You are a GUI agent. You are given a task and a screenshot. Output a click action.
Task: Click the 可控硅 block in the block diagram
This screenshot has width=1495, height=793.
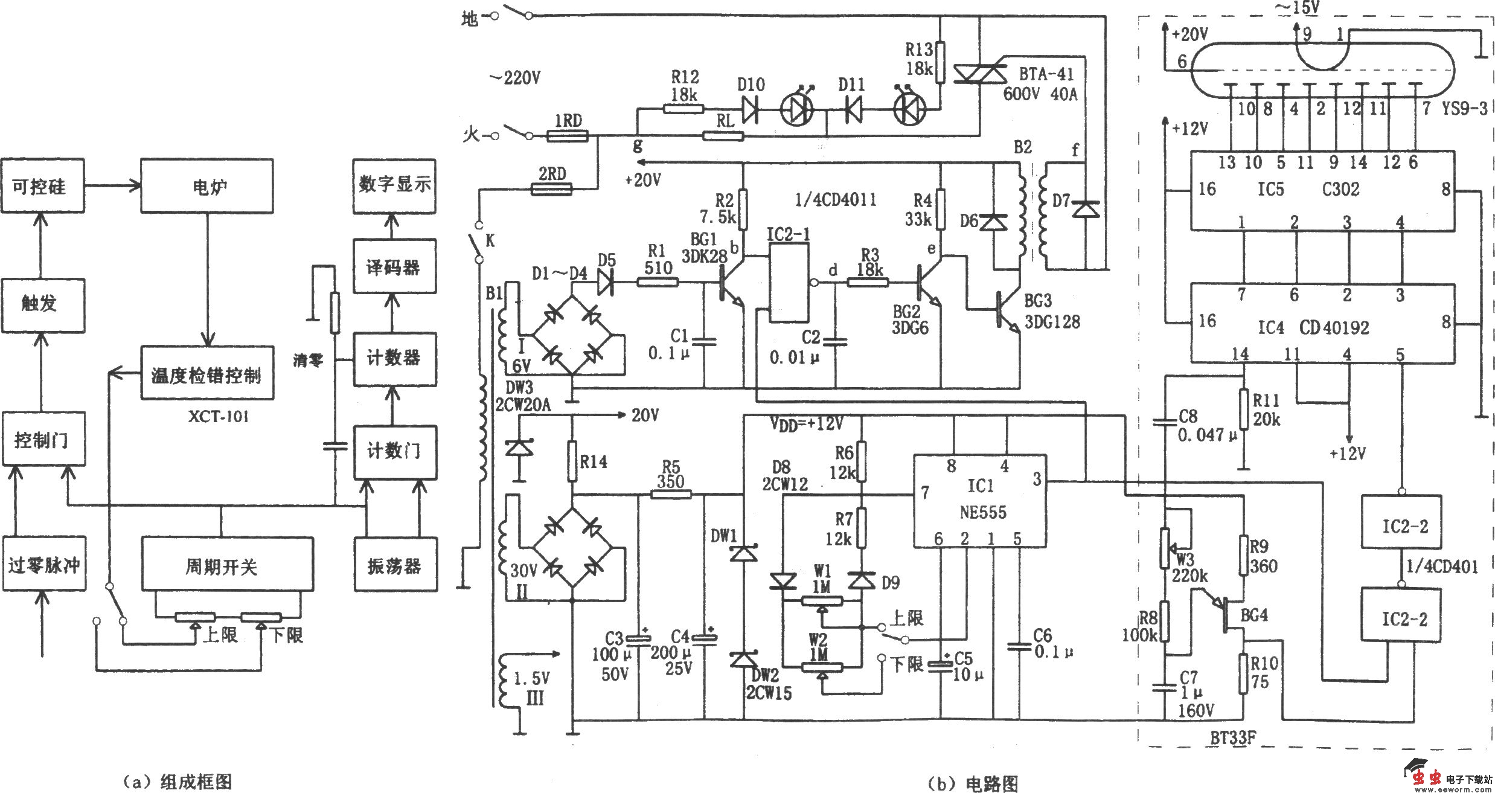pos(42,185)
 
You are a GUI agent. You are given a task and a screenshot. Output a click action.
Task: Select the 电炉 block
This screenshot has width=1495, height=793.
pos(206,185)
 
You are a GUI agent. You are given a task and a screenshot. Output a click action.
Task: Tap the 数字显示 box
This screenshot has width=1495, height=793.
pos(394,185)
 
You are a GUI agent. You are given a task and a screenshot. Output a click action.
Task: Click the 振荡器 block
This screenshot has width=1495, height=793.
pos(394,565)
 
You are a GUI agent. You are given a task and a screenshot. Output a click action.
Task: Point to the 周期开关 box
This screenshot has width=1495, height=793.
pos(227,565)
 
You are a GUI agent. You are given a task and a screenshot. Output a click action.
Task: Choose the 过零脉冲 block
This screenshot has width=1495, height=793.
pos(43,565)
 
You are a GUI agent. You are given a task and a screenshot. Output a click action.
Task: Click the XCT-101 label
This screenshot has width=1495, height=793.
pos(217,417)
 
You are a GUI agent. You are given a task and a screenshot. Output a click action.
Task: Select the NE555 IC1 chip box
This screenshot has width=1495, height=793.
pos(981,501)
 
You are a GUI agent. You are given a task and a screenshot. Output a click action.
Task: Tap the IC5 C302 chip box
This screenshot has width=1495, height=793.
pos(1322,190)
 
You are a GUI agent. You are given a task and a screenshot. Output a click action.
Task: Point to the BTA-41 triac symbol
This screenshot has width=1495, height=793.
pos(979,74)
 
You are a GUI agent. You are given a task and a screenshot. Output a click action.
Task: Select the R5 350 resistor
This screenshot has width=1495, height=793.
pos(671,494)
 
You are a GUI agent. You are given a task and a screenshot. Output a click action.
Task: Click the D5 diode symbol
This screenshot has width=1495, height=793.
pos(606,281)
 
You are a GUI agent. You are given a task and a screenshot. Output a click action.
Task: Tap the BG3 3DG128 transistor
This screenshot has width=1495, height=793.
pos(1007,309)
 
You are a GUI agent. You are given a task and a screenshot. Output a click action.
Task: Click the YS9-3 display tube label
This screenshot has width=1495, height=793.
pos(1464,109)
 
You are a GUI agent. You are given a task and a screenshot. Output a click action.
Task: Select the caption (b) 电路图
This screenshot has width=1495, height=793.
pos(972,783)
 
